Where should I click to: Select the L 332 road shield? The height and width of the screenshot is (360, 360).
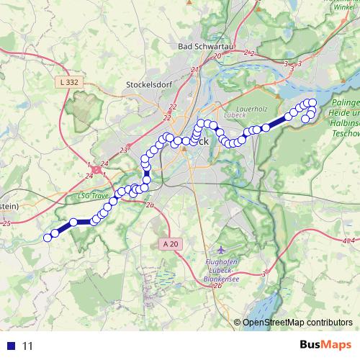coord(69,82)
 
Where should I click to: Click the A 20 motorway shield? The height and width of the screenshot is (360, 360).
coord(170,244)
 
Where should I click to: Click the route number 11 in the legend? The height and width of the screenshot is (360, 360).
coord(28,346)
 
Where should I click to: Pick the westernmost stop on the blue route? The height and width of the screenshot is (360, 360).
coord(48,238)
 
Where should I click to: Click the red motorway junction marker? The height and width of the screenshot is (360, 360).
coord(96,169)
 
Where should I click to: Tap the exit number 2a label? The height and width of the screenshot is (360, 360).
coord(150,206)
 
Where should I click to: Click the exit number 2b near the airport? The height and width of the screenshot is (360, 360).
coord(216,284)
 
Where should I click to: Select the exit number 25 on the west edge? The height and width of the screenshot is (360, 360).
coord(6,224)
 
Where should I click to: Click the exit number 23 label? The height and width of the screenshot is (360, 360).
coord(123,150)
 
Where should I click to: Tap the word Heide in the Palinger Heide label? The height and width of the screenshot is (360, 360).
coord(346,114)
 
